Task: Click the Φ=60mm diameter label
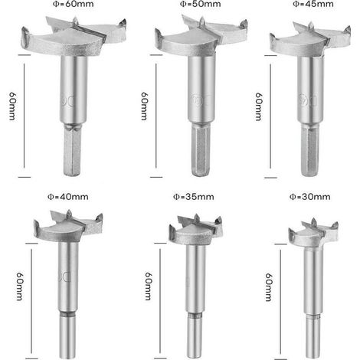coord(73,4)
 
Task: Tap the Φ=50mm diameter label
coord(200,4)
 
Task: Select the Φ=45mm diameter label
coord(313,4)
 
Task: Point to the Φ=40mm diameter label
coord(68,197)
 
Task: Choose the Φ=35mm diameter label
coord(194,197)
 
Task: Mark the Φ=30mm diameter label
coord(309,197)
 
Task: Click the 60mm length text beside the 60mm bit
coord(12,106)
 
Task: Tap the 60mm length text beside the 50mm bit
coord(144,106)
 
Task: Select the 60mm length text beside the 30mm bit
coord(269,287)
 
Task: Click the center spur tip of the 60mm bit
coord(75,18)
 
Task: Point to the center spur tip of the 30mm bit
coord(313,219)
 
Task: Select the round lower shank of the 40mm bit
coord(67,335)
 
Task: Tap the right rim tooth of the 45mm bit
coord(347,31)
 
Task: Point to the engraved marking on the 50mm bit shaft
coord(201,100)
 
